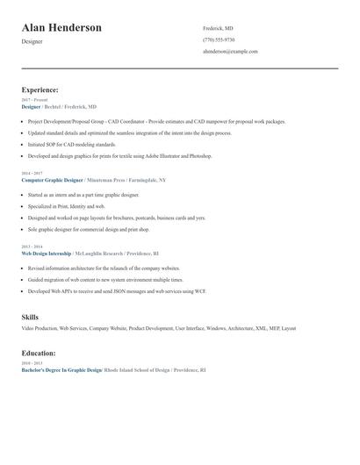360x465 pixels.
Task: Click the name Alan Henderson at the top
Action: tap(61, 28)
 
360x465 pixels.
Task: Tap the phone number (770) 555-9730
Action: tap(219, 39)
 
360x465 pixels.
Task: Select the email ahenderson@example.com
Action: tap(230, 52)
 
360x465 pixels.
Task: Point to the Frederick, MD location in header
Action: tap(218, 28)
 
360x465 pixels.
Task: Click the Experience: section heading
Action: tap(40, 89)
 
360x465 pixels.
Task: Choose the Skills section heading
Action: tap(30, 317)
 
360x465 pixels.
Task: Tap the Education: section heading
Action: tap(39, 353)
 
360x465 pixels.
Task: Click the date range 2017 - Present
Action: tap(34, 100)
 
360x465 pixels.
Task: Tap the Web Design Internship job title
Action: tap(47, 253)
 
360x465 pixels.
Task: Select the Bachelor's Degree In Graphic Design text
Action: tap(61, 370)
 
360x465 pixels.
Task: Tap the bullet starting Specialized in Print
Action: tap(66, 206)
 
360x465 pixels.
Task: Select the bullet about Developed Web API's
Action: tap(117, 290)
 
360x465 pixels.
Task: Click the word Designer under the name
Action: tap(32, 41)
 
